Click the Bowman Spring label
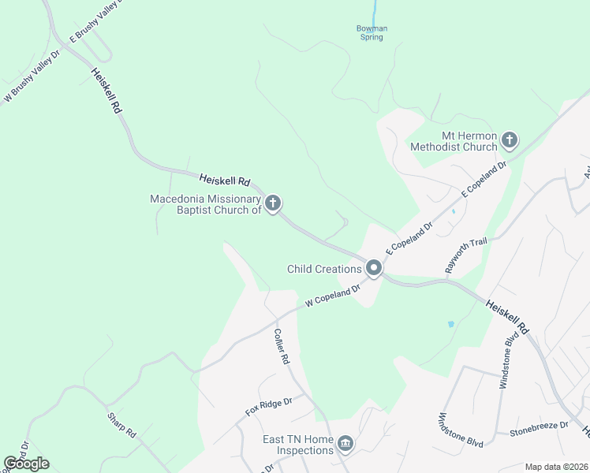point(372,33)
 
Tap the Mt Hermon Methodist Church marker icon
point(510,141)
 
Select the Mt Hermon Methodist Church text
point(454,141)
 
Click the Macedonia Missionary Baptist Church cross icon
point(273,204)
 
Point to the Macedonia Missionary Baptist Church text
point(206,204)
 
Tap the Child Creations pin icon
point(374,270)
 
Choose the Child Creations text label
point(324,270)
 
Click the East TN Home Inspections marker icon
point(345,445)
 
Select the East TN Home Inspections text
point(298,445)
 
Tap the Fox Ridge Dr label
point(268,407)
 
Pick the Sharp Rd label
point(121,423)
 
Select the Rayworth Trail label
point(466,255)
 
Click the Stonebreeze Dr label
point(539,426)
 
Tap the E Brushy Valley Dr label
point(98,20)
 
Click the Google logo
point(26,464)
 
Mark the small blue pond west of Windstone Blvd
point(450,324)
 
